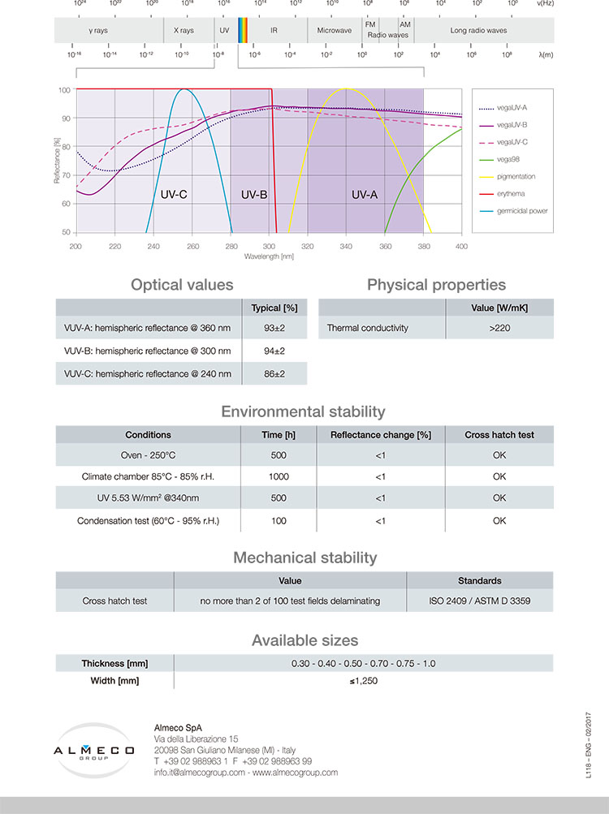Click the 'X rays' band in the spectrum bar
(184, 30)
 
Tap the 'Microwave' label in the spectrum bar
(335, 30)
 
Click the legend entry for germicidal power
(522, 210)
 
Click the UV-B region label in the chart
(254, 196)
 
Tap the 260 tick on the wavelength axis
(192, 246)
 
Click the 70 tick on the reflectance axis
(64, 175)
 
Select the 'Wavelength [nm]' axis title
(269, 256)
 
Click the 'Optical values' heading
(182, 285)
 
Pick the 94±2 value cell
(274, 351)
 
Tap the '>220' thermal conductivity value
(499, 328)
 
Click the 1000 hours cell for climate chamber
(279, 476)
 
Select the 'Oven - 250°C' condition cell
(148, 455)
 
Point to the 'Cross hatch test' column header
(499, 434)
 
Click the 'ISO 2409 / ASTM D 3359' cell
(479, 601)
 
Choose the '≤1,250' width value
(364, 681)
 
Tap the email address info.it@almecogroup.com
(199, 773)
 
